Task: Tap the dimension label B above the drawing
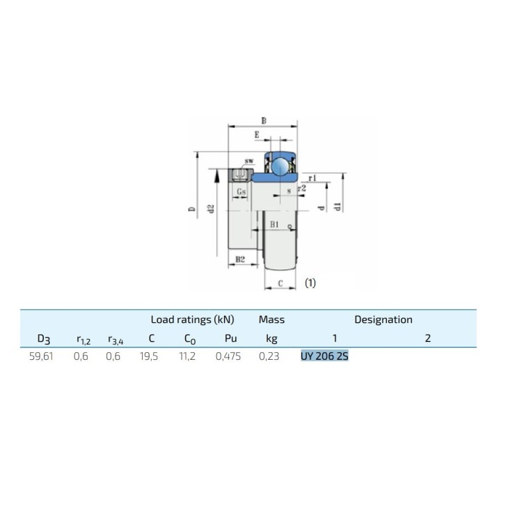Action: [264, 120]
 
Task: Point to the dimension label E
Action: [257, 135]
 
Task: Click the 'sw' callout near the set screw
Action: [249, 161]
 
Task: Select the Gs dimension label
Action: [241, 192]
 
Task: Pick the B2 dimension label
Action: [240, 259]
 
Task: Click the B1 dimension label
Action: [274, 224]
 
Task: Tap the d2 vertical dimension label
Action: [210, 209]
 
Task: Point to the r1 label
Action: [312, 178]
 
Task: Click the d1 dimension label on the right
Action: [337, 207]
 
